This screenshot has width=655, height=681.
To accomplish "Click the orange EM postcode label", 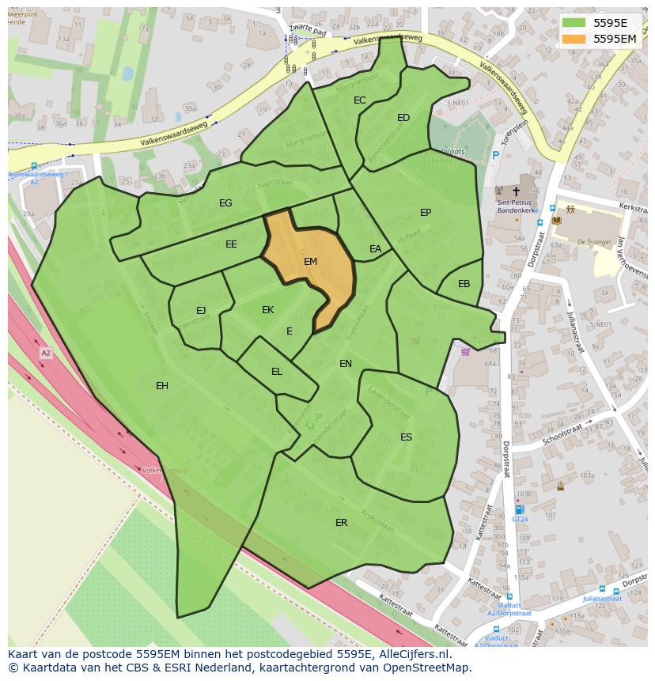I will coord(310,261).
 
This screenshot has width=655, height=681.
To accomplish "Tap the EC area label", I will coord(360,100).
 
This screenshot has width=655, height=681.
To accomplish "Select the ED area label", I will coord(403,118).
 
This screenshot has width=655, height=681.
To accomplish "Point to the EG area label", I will coord(225,203).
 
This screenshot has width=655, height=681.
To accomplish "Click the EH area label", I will coord(162,386).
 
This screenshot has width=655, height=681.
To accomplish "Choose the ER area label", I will coord(342,523).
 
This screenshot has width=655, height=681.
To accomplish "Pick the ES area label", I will coord(406,437).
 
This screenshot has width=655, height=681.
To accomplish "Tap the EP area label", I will coord(426,213).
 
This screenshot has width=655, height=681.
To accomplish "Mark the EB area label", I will coord(464,284).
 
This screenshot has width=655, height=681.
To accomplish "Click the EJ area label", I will coord(201,311).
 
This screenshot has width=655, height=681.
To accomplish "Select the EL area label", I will coord(277,372).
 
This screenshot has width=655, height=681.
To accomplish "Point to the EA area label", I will coord(376,249).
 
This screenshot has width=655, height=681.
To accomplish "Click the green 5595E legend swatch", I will coord(574,22).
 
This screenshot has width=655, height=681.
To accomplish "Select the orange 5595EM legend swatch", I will coord(574,38).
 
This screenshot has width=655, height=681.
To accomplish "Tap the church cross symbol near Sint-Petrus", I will coord(517,191).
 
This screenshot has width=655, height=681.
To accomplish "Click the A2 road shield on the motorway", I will coord(45,353).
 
